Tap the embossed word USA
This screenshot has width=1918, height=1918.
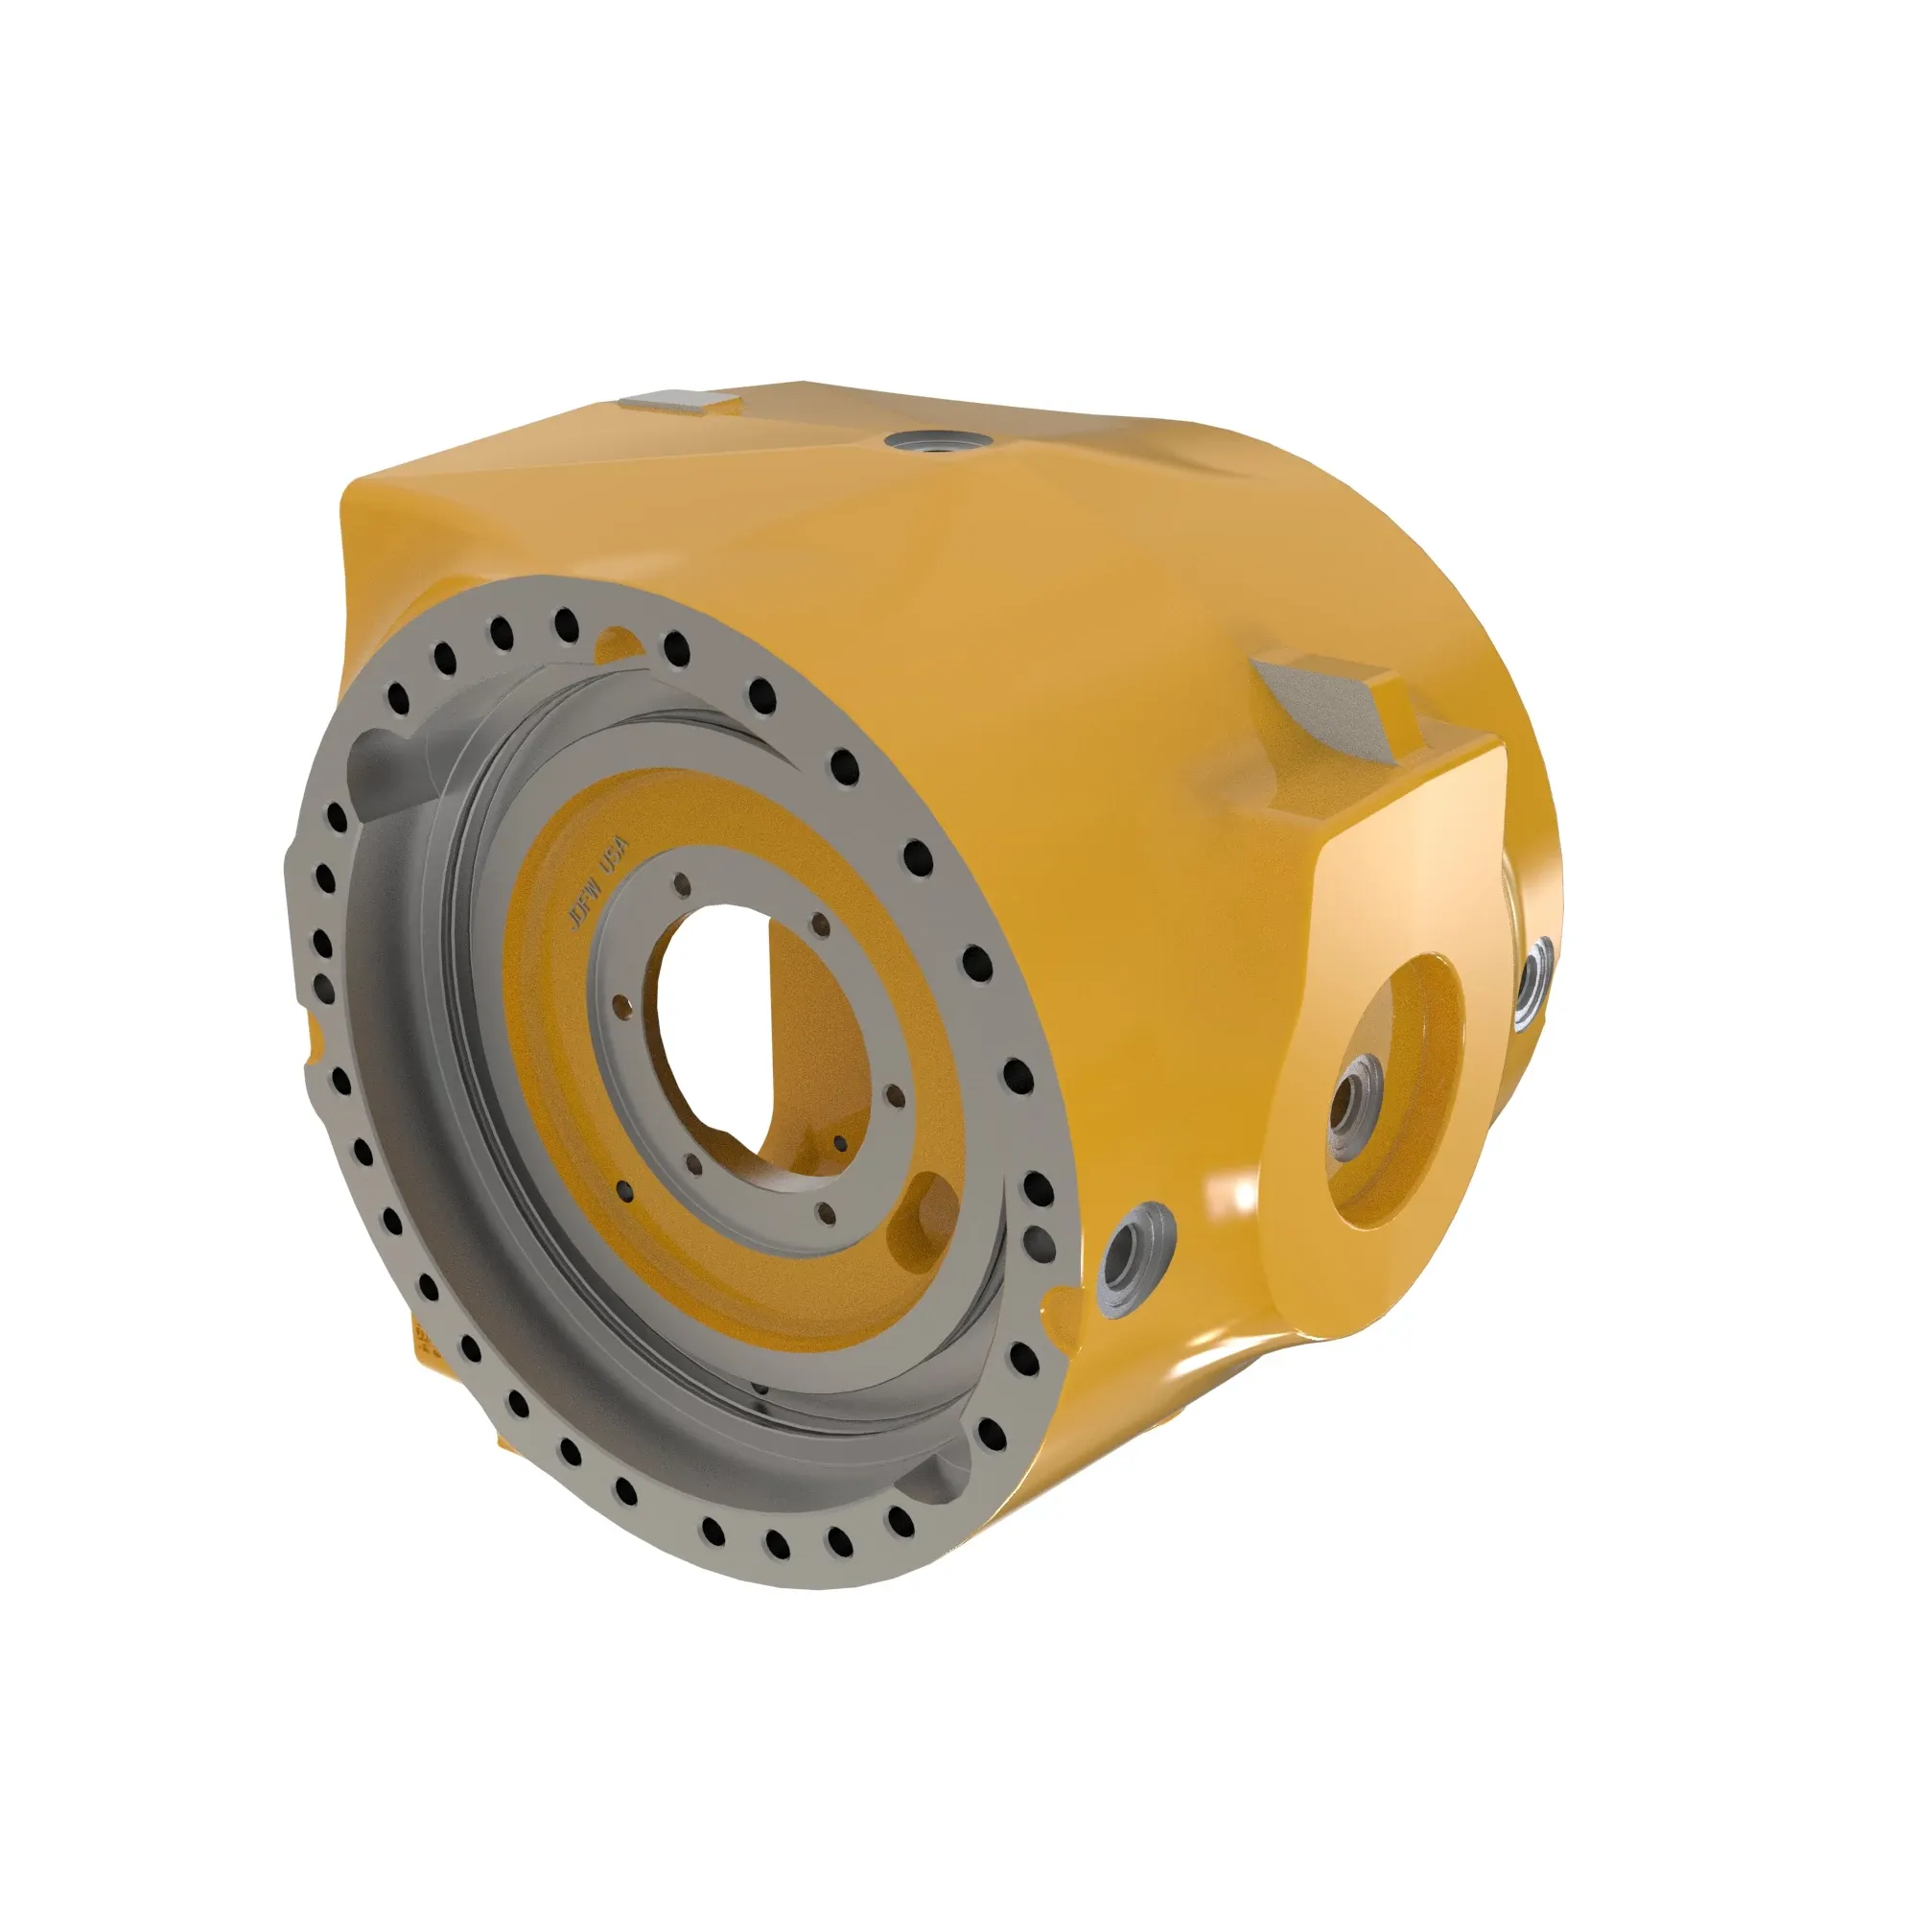[617, 854]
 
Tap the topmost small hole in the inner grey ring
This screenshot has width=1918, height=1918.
[681, 881]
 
